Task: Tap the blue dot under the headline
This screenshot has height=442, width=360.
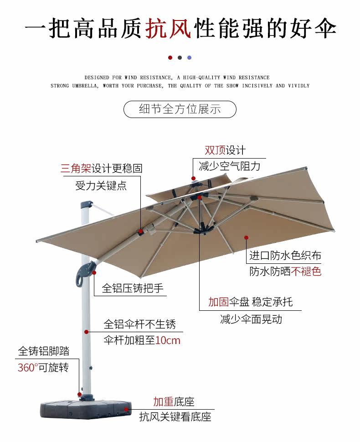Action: click(190, 58)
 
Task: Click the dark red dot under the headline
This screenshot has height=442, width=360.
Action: click(170, 58)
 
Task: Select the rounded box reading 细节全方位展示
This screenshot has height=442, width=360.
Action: click(180, 109)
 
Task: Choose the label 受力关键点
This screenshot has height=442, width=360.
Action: click(101, 185)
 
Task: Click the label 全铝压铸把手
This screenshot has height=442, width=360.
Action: click(133, 288)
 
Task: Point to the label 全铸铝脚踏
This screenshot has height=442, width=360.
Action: click(44, 351)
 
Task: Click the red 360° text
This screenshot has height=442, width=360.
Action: click(26, 368)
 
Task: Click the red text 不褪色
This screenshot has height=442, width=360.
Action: click(306, 272)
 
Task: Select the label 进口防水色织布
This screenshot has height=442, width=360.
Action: click(285, 256)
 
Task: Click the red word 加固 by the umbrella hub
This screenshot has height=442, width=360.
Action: click(218, 302)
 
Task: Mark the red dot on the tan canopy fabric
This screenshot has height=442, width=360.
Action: click(246, 237)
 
